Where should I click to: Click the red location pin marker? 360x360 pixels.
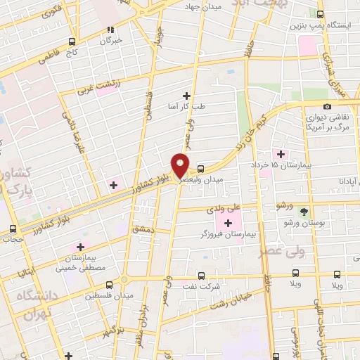click(181, 165)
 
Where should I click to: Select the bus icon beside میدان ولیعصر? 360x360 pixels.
click(202, 169)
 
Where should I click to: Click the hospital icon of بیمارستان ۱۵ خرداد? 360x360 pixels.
click(281, 154)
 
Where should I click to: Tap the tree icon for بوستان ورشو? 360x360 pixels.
click(304, 211)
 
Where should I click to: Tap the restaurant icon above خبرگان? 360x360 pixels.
click(110, 30)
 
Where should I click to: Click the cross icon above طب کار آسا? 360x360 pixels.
click(186, 96)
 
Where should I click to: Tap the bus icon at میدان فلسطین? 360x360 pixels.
click(108, 285)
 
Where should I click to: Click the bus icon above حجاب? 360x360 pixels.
click(13, 229)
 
